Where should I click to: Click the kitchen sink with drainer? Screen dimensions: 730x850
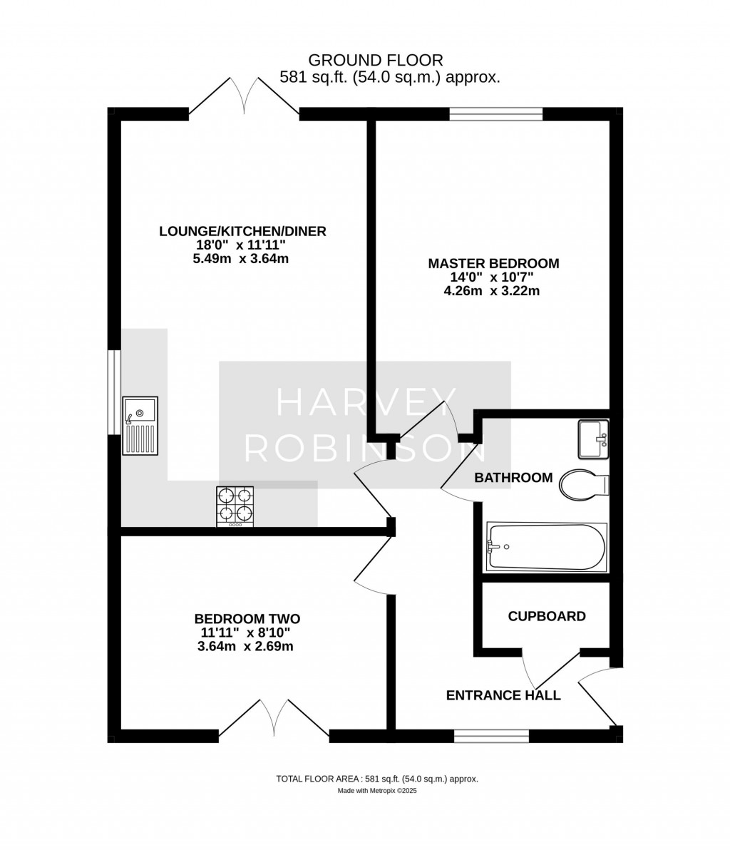(140, 426)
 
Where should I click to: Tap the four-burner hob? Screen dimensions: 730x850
(235, 506)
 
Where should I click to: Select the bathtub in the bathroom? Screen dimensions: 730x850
(546, 546)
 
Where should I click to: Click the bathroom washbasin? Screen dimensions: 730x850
(594, 439)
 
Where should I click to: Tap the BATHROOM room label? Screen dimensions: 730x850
(513, 478)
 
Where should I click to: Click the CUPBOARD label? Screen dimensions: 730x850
(547, 616)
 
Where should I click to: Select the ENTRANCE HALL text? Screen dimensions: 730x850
(503, 695)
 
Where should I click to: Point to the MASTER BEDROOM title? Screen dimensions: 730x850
(493, 263)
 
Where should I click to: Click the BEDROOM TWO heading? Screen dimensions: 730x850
(247, 618)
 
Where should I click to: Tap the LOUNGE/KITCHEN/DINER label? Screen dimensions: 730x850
(242, 232)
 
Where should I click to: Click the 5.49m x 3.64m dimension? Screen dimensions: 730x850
(241, 259)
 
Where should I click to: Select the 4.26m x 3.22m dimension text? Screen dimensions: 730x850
(492, 291)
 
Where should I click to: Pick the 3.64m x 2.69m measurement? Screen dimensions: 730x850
(245, 646)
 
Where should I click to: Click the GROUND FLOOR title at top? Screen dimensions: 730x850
(376, 60)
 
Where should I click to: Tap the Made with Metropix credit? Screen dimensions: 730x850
(377, 791)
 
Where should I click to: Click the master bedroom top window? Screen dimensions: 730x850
(496, 114)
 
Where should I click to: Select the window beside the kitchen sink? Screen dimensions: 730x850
(114, 392)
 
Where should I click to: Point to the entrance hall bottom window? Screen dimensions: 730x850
(491, 736)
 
